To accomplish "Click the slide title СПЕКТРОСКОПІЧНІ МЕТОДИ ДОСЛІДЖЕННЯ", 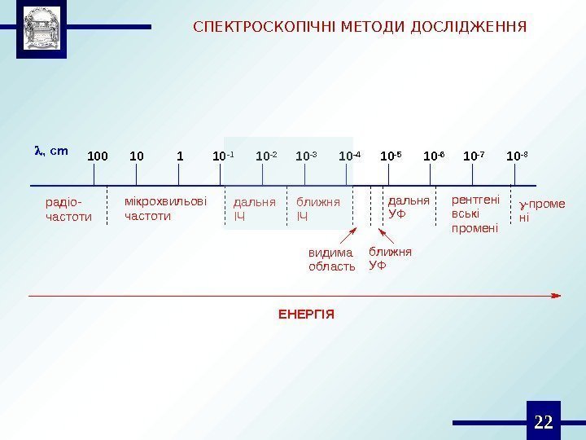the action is (360, 27).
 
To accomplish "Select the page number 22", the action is (544, 421).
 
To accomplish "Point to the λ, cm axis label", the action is (50, 151).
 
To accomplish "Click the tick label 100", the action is (98, 155).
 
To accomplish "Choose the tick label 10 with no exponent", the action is (137, 155).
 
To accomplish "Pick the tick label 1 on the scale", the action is (180, 155).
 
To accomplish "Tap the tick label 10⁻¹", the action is (222, 155).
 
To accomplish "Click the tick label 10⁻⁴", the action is (350, 155).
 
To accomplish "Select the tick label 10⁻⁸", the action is (517, 155).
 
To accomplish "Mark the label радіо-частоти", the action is (68, 209).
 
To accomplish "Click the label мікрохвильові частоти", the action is (165, 209).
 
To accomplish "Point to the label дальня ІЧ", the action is (254, 209).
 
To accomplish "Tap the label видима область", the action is (332, 259).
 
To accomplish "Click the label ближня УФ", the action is (390, 258).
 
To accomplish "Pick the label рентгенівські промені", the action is (475, 213).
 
